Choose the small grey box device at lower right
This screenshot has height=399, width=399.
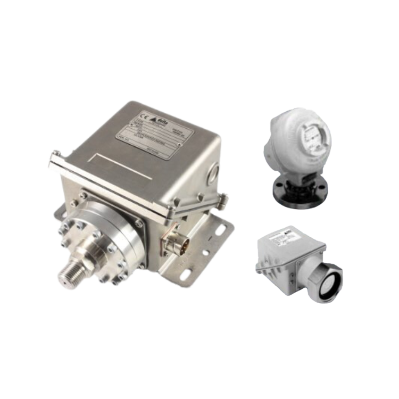pos(298,261)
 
